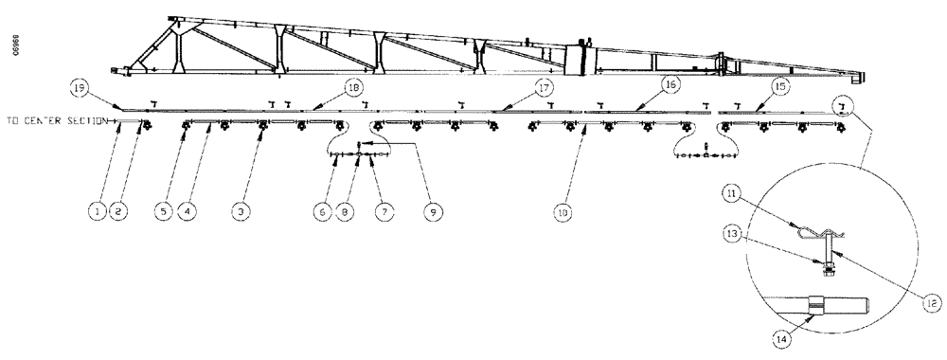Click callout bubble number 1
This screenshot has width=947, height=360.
(x=97, y=212)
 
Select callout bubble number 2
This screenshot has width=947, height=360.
(x=119, y=212)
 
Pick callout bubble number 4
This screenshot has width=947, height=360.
(x=192, y=212)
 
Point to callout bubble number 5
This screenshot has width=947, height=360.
(x=167, y=212)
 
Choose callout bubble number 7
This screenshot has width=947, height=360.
(x=384, y=212)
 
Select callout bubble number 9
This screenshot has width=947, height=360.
(x=435, y=212)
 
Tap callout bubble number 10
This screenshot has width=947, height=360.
(x=564, y=212)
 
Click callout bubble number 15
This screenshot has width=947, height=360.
(x=780, y=86)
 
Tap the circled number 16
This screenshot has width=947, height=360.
(x=670, y=85)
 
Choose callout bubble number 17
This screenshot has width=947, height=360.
(x=544, y=86)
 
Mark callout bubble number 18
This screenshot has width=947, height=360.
(x=353, y=87)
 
